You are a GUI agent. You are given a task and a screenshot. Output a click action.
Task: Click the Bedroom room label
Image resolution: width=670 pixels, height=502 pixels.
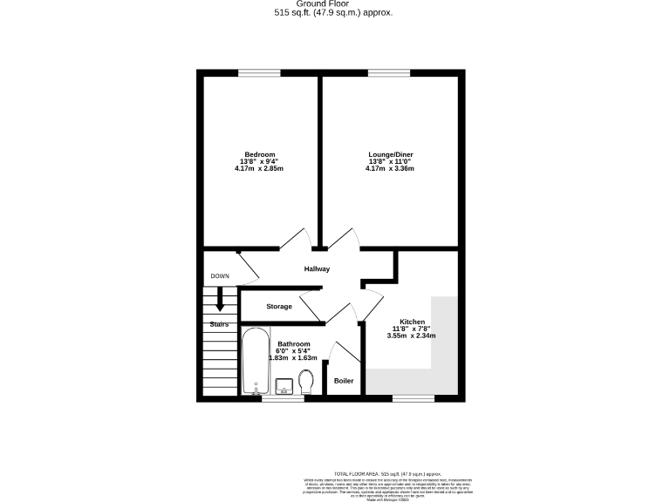(x=259, y=154)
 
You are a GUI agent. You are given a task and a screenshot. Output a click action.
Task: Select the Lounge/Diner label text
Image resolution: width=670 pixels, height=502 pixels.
(x=390, y=154)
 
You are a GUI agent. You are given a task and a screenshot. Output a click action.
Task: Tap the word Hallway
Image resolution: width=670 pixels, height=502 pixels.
(x=317, y=269)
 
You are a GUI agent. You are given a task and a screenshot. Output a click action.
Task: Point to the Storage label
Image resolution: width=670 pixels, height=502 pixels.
(x=279, y=307)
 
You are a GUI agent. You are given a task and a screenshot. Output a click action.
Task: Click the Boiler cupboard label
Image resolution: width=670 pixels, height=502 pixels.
(x=343, y=381)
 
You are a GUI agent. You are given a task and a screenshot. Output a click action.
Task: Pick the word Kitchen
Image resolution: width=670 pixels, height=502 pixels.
(x=412, y=322)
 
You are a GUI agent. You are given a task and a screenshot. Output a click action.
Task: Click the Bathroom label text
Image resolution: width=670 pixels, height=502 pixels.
(x=294, y=344)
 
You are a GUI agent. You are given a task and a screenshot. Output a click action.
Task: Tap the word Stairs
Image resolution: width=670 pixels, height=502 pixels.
(x=219, y=324)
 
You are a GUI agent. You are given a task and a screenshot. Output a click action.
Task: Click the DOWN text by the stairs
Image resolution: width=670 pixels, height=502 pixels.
(x=220, y=276)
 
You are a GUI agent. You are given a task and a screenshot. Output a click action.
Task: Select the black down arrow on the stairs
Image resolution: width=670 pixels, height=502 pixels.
(x=220, y=299)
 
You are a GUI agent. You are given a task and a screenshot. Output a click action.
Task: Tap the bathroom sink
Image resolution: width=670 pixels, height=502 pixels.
(x=283, y=384)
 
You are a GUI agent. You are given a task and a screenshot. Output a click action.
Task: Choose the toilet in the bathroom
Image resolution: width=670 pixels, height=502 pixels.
(x=305, y=382)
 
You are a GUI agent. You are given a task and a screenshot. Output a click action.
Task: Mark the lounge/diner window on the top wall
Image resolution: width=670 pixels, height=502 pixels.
(x=389, y=72)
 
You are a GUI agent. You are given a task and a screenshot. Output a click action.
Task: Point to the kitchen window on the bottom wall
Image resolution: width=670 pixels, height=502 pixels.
(x=413, y=398)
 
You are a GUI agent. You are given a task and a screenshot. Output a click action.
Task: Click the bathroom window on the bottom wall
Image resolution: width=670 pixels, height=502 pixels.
(x=283, y=398)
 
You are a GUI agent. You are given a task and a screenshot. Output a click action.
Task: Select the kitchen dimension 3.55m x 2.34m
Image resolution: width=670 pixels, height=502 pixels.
(x=412, y=336)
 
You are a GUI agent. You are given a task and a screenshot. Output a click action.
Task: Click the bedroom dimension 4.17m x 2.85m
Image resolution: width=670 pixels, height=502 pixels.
(x=259, y=168)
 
